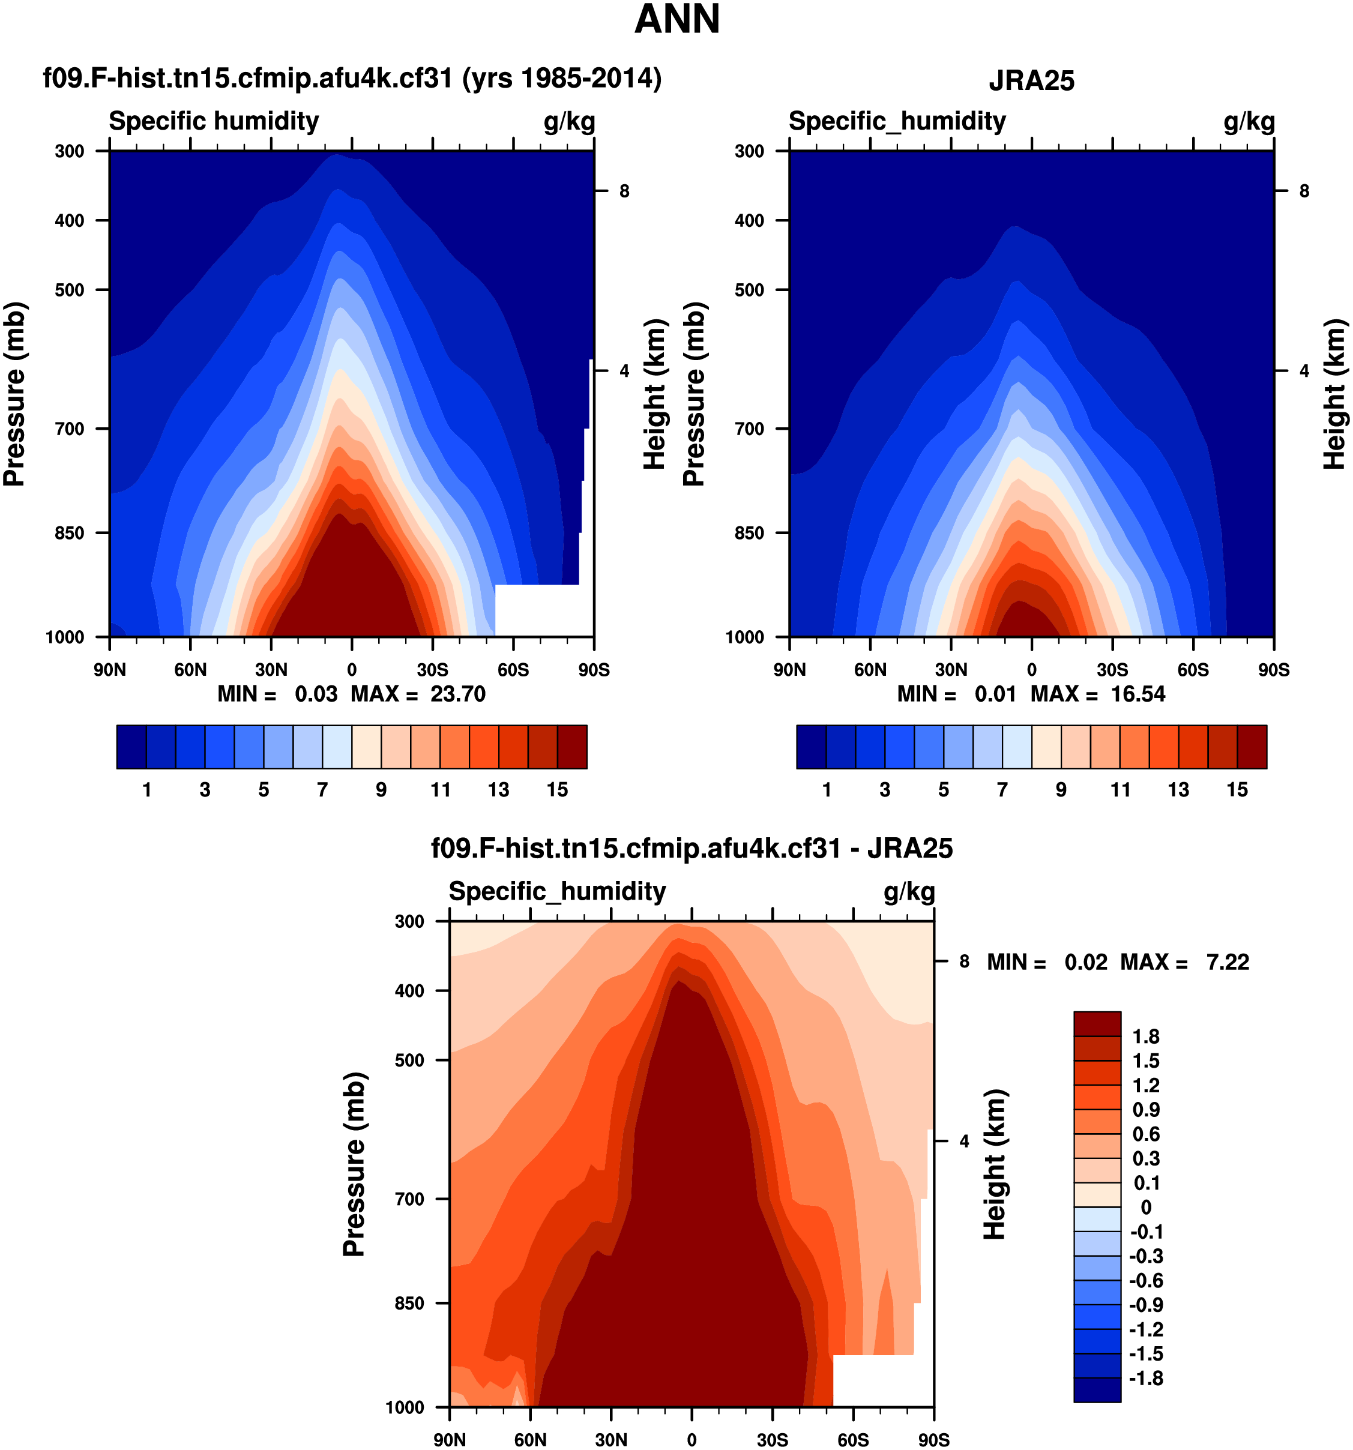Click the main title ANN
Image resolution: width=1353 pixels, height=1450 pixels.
[677, 19]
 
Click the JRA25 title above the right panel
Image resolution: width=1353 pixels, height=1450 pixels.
[1031, 80]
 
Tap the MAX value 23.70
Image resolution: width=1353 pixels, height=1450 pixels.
[457, 694]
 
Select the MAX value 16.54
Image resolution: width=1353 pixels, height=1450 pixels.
[1138, 694]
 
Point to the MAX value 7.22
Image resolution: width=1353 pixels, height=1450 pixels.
[1228, 962]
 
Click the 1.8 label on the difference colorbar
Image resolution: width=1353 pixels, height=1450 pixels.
[1146, 1036]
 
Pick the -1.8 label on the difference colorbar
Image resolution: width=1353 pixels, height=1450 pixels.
[1146, 1378]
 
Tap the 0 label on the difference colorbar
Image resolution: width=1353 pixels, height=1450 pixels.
[1146, 1207]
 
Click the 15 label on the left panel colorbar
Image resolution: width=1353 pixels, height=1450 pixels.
[557, 790]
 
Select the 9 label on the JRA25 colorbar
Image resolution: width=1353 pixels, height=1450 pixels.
[1061, 790]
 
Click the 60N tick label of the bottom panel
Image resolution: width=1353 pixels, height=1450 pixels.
[530, 1440]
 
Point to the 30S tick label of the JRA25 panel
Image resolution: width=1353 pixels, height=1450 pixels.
[1112, 670]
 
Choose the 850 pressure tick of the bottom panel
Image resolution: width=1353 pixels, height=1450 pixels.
[409, 1304]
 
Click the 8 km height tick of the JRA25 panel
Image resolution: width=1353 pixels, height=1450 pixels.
[1304, 191]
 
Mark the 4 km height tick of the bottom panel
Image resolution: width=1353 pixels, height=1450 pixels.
[964, 1142]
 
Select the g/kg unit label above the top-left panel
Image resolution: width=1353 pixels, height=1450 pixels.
[569, 122]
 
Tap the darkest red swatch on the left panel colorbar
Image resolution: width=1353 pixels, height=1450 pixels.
[572, 747]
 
